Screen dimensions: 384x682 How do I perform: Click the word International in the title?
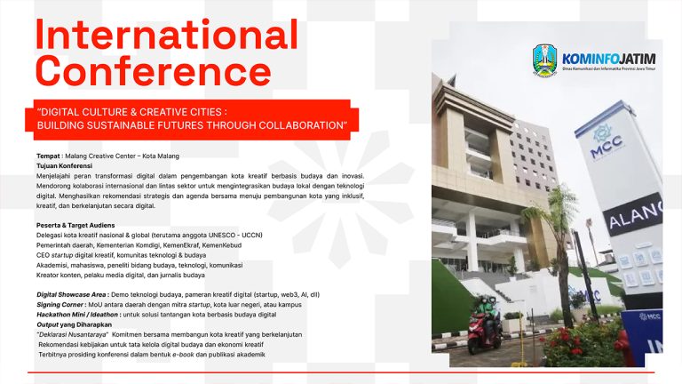point(166,36)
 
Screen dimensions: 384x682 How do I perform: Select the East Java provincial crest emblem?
point(545,60)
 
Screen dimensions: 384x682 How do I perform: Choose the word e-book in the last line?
point(177,356)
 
